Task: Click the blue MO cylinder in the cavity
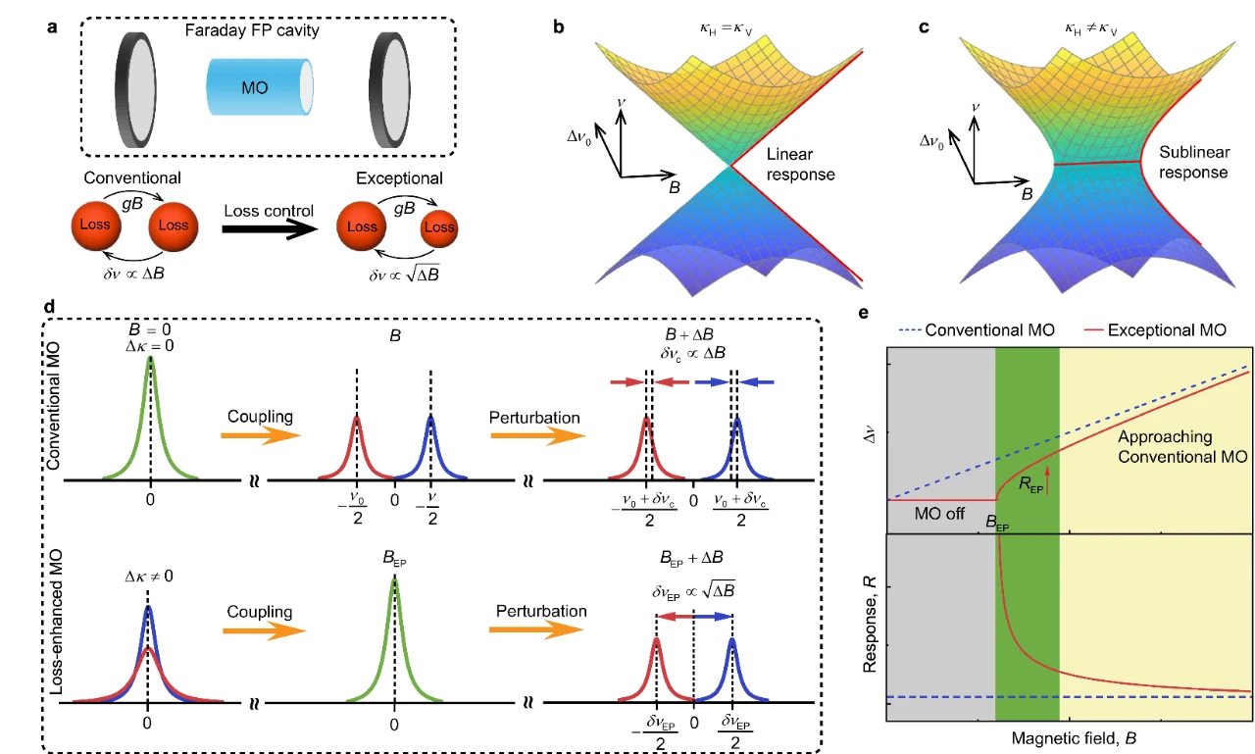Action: (260, 87)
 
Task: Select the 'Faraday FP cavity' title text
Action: (252, 29)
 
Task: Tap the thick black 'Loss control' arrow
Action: (270, 229)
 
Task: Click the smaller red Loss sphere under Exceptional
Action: (439, 227)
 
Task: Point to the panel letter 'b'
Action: (559, 27)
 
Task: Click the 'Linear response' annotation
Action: (801, 164)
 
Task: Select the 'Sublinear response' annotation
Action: (1194, 162)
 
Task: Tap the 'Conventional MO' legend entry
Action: (978, 330)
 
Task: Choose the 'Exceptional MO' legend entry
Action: (1155, 330)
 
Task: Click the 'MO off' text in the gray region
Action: (939, 513)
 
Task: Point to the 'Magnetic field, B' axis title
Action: (1074, 738)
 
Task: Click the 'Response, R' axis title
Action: (870, 624)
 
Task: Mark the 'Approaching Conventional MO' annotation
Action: (1182, 446)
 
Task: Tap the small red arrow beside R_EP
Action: (1047, 480)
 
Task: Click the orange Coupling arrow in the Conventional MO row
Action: (261, 435)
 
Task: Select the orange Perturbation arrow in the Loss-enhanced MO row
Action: (536, 629)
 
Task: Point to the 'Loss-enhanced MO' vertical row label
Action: (56, 622)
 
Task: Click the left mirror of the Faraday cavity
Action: (135, 89)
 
